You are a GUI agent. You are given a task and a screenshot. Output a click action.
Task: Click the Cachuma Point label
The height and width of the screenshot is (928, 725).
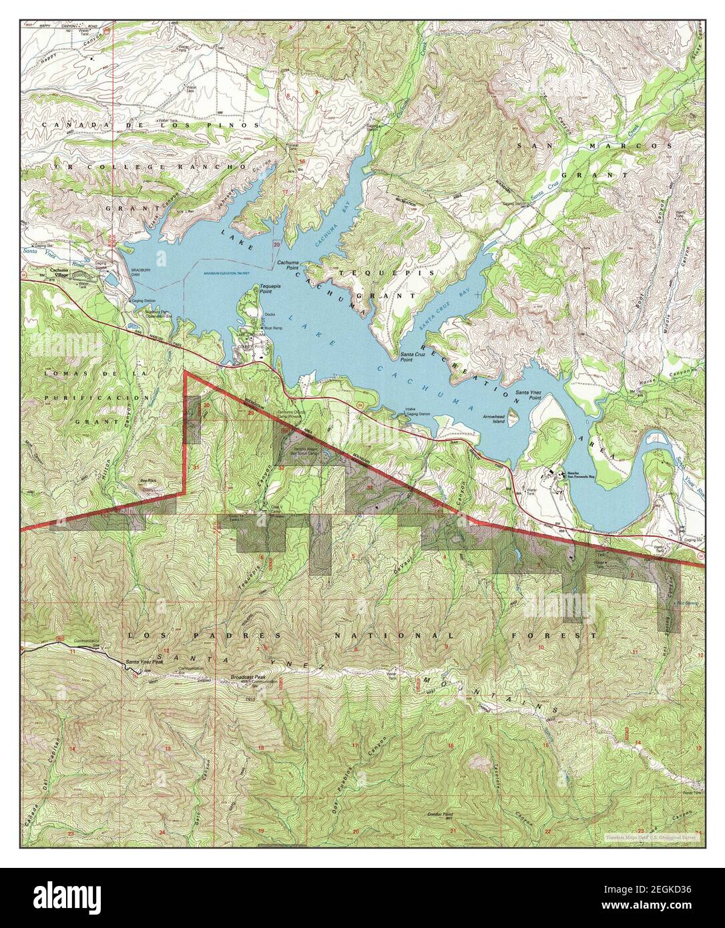[x=288, y=264]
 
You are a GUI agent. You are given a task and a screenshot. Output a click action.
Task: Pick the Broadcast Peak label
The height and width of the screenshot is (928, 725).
[x=248, y=677]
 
